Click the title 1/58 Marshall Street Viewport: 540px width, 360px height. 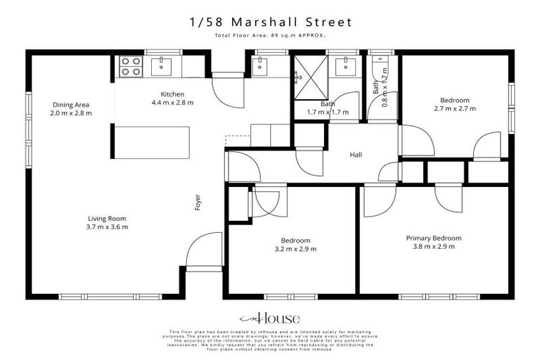pos(269,22)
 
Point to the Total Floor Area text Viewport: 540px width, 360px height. pos(269,36)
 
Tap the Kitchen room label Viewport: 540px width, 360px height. pos(172,94)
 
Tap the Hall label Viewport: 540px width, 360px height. pos(356,156)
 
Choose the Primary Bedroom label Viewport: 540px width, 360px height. pos(434,238)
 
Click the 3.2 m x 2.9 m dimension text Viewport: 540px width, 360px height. pos(295,249)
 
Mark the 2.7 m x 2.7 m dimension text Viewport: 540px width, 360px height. pos(454,109)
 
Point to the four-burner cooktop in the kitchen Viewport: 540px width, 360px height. pos(129,66)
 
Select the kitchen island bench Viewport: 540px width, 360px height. pos(152,143)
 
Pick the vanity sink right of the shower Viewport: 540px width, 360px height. pos(345,67)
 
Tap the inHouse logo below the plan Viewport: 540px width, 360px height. pos(269,317)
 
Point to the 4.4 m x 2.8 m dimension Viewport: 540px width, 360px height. pos(172,103)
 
